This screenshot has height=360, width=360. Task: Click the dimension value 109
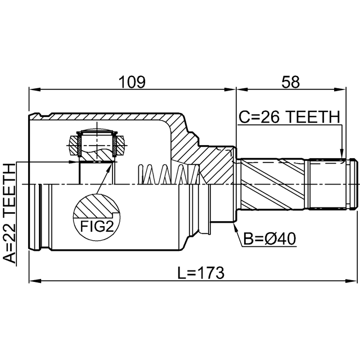(x=132, y=82)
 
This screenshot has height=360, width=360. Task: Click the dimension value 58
(x=291, y=82)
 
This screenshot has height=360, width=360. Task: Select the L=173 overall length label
(x=201, y=272)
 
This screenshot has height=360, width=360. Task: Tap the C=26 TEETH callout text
(x=289, y=117)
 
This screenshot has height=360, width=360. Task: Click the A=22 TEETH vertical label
(x=9, y=213)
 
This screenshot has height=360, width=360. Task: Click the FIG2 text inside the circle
(x=97, y=227)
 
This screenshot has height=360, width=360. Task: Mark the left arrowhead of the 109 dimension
(x=35, y=89)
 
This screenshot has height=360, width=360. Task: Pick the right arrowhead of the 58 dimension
(x=340, y=89)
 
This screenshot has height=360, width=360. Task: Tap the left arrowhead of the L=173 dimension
(x=35, y=281)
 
